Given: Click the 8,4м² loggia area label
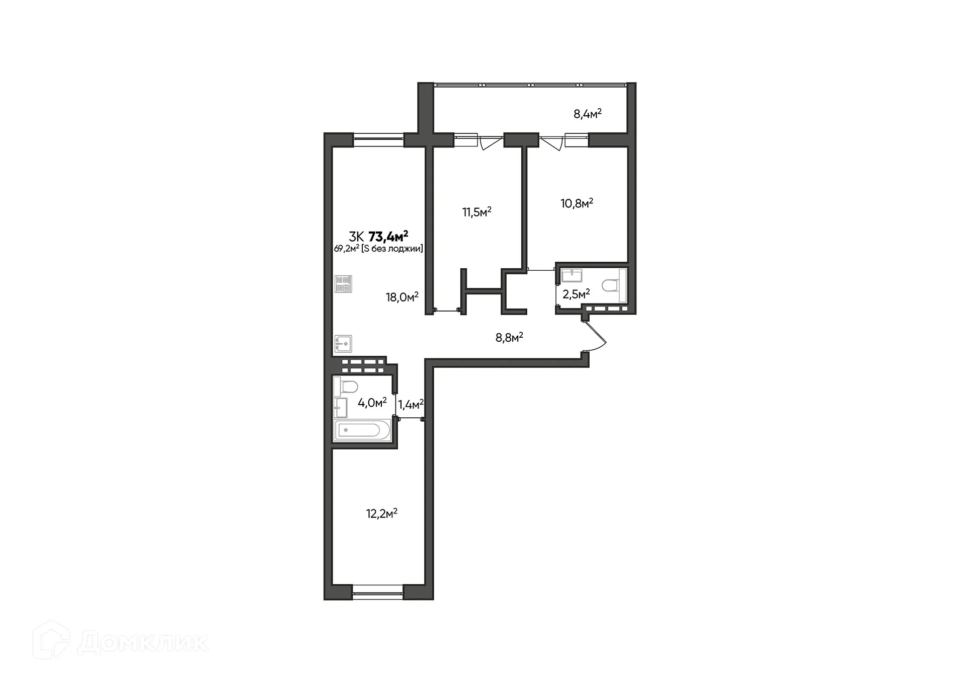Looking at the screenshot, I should click(x=588, y=114).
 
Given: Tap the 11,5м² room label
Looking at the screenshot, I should click(x=476, y=212).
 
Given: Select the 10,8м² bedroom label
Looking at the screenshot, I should click(x=577, y=203).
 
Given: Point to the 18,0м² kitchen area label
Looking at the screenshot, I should click(x=402, y=297).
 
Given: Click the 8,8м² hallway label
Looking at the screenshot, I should click(x=509, y=337).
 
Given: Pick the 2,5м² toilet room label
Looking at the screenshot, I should click(x=576, y=294).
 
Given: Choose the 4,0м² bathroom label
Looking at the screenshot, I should click(x=372, y=403).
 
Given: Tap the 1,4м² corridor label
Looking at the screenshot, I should click(x=411, y=404).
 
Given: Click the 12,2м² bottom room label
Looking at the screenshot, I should click(x=381, y=514).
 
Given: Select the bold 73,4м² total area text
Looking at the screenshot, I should click(x=388, y=236).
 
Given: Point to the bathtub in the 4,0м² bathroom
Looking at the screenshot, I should click(x=359, y=430).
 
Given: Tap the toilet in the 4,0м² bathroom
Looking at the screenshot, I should click(x=348, y=387).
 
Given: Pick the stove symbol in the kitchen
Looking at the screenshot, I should click(x=344, y=283).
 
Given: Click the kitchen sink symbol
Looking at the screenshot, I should click(x=343, y=344).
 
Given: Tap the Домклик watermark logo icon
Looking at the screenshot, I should click(x=50, y=642).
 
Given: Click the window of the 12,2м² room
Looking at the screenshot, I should click(x=378, y=592).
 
